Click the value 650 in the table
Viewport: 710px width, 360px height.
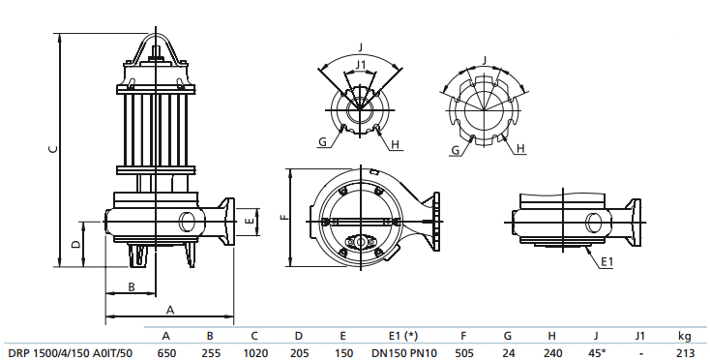click(x=166, y=352)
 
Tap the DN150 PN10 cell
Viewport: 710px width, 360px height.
click(x=399, y=352)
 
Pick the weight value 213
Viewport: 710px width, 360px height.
click(x=685, y=352)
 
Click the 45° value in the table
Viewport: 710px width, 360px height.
click(x=596, y=352)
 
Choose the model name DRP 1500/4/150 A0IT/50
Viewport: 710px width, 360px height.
click(x=70, y=352)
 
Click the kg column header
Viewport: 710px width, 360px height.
click(x=685, y=336)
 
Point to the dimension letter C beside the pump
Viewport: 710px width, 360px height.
click(x=54, y=149)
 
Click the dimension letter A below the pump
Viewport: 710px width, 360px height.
click(x=169, y=310)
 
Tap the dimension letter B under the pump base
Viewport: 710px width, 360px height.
click(x=132, y=285)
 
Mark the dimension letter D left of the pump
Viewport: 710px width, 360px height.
click(x=76, y=243)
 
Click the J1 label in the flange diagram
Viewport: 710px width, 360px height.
click(x=361, y=64)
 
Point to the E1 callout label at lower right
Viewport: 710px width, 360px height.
click(x=606, y=262)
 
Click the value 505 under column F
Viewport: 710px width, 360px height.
click(x=464, y=352)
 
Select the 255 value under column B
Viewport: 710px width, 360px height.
click(x=210, y=352)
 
